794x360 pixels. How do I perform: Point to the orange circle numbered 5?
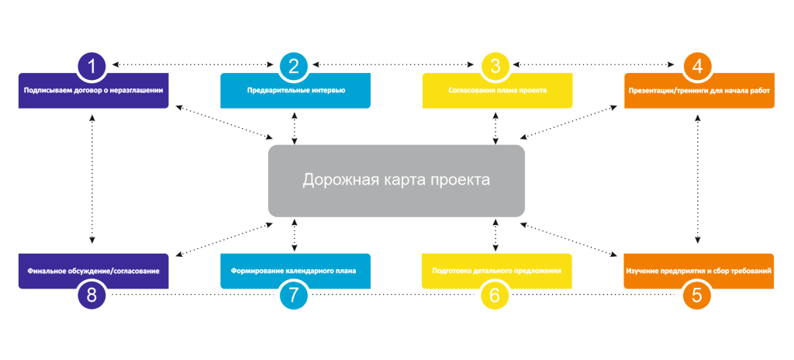697,295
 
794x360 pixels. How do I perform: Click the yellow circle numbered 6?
495,295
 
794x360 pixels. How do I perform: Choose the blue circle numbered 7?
294,295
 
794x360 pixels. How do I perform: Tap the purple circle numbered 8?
92,295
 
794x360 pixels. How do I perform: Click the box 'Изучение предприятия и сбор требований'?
699,271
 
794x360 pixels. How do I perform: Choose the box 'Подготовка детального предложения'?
497,271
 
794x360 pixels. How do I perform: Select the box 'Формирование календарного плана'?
295,271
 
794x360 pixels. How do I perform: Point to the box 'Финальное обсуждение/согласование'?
93,271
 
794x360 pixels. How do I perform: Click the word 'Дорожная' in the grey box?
338,180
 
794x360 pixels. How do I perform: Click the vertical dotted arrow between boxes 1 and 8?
92,180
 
